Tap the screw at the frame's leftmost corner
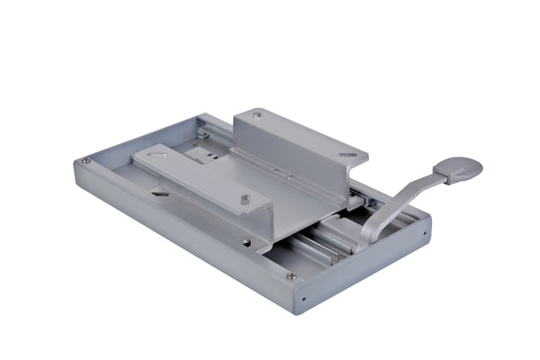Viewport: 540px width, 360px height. point(86,161)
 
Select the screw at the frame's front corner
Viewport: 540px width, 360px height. point(291,276)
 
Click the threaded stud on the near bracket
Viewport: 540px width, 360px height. point(245,199)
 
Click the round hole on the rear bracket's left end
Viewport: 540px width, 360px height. point(258,115)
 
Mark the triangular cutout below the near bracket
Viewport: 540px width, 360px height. point(159,192)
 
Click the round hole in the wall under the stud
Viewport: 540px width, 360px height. point(245,241)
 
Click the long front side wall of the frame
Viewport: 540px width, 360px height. point(180,234)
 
